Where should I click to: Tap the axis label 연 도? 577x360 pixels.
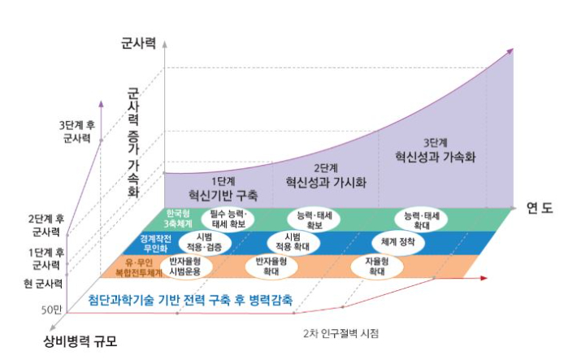pyautogui.click(x=540, y=207)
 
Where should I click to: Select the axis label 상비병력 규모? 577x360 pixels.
pyautogui.click(x=80, y=341)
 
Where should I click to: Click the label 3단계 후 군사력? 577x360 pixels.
pyautogui.click(x=78, y=132)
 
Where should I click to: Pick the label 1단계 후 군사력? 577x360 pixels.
pyautogui.click(x=45, y=258)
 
